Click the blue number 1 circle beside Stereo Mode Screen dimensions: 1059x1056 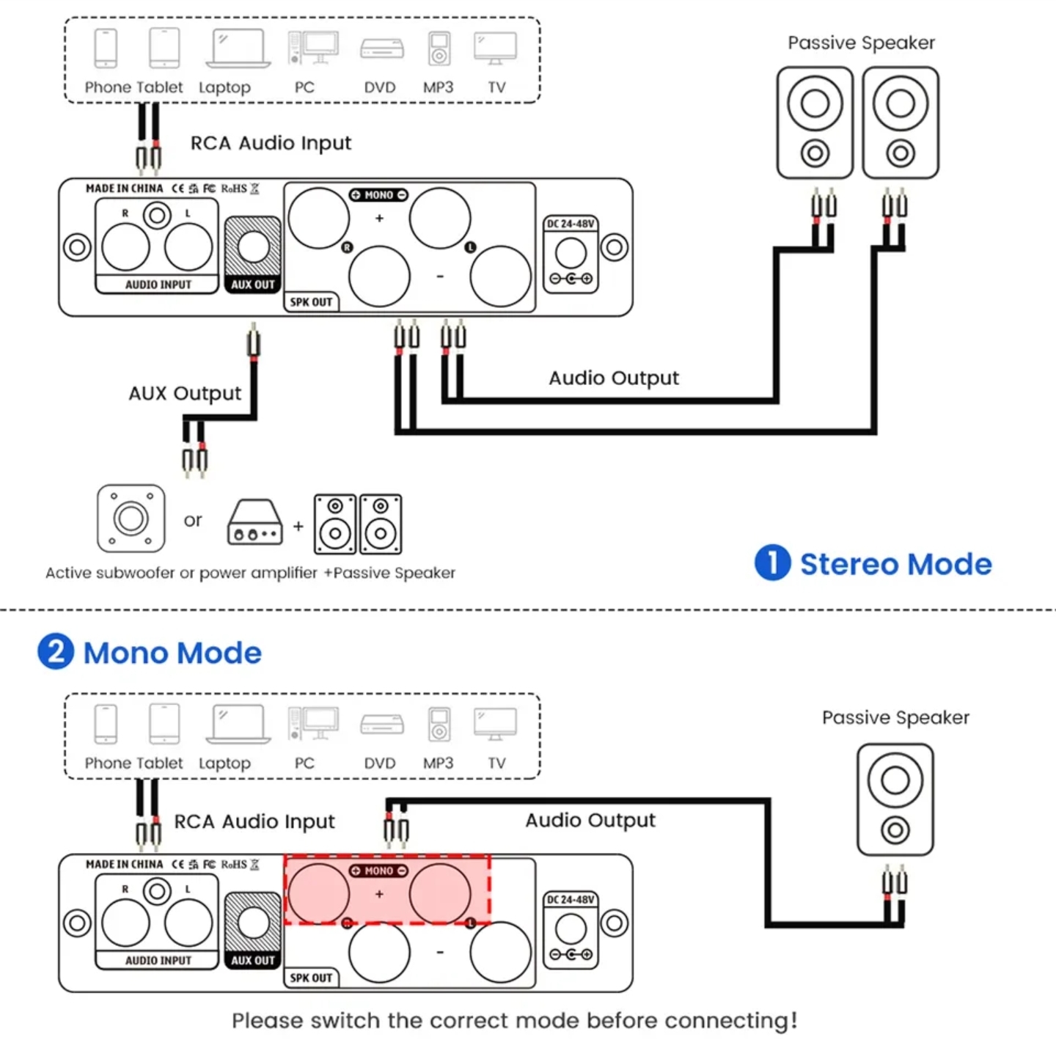pyautogui.click(x=772, y=563)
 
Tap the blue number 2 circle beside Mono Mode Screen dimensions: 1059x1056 pyautogui.click(x=56, y=651)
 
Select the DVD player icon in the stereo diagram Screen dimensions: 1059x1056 pyautogui.click(x=381, y=49)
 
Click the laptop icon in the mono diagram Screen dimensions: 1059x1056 pyautogui.click(x=238, y=725)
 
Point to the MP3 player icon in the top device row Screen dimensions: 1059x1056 pyautogui.click(x=439, y=49)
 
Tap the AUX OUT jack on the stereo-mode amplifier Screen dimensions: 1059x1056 pyautogui.click(x=253, y=247)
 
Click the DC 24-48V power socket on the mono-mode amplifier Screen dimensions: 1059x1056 pyautogui.click(x=571, y=930)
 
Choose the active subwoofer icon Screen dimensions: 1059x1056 pyautogui.click(x=131, y=518)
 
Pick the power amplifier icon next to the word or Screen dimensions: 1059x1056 pyautogui.click(x=254, y=522)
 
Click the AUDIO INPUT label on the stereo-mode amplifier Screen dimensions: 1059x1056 pyautogui.click(x=158, y=285)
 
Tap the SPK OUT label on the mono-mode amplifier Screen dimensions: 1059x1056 pyautogui.click(x=311, y=978)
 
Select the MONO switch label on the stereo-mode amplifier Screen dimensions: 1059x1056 pyautogui.click(x=378, y=195)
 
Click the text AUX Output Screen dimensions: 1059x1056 pyautogui.click(x=185, y=394)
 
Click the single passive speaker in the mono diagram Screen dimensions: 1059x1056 pyautogui.click(x=895, y=799)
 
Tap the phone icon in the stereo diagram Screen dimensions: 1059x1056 pyautogui.click(x=106, y=48)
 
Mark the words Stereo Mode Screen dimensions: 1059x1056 pyautogui.click(x=895, y=564)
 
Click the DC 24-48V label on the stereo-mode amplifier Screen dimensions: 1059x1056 pyautogui.click(x=571, y=224)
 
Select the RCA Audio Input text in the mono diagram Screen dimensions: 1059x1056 pyautogui.click(x=254, y=821)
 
